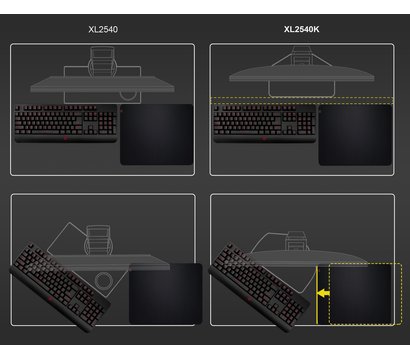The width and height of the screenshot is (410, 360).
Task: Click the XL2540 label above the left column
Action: pyautogui.click(x=103, y=30)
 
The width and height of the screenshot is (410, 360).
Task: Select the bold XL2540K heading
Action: pyautogui.click(x=303, y=30)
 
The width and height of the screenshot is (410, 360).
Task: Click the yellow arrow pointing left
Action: pyautogui.click(x=323, y=294)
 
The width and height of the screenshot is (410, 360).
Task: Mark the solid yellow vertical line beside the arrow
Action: pyautogui.click(x=315, y=294)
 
